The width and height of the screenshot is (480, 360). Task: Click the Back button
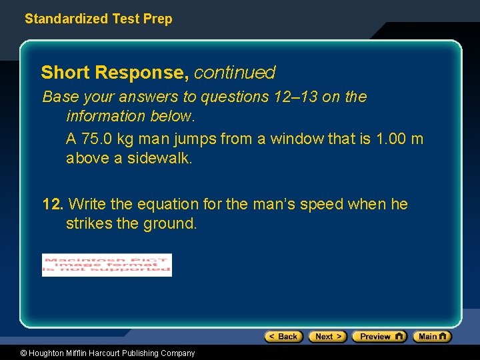(283, 337)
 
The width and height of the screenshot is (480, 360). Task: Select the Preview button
(379, 337)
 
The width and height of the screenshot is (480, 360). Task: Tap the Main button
(431, 337)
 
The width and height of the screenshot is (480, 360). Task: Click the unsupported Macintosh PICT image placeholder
(107, 265)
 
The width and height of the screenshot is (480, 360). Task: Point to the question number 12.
(53, 204)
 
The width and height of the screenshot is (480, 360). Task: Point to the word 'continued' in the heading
(235, 72)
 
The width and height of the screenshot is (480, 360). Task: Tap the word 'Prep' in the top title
(158, 19)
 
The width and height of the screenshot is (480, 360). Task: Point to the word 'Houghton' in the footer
(46, 353)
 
